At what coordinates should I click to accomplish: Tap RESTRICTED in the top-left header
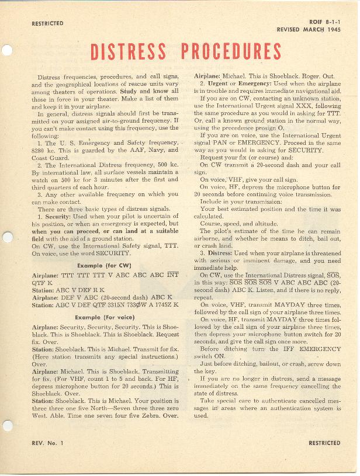47,23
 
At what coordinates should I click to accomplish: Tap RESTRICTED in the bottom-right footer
324,443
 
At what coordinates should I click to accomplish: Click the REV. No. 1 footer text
47,444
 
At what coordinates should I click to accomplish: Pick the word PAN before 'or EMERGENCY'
220,142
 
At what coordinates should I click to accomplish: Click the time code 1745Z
159,304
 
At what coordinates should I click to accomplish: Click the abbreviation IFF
287,349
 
